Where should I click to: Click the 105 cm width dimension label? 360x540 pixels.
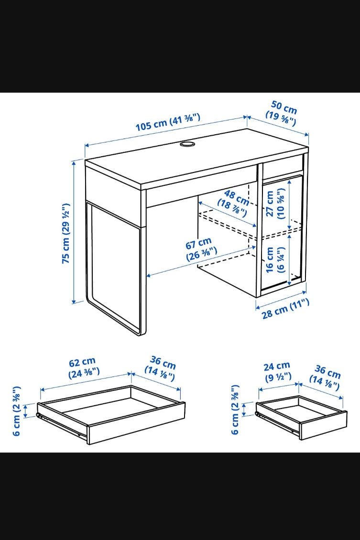[168, 122]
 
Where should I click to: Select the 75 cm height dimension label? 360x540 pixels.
[66, 234]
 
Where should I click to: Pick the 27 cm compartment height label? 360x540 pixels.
[275, 204]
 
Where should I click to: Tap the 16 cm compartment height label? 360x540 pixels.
[275, 259]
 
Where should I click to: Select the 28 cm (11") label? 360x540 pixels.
[285, 309]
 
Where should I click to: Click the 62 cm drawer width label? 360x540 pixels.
[84, 367]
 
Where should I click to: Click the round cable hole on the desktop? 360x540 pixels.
[187, 143]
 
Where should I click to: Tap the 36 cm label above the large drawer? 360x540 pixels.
[161, 368]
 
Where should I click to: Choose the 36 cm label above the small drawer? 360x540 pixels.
[325, 378]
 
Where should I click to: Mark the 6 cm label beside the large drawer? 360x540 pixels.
[16, 411]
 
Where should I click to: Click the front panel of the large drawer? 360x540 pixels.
[137, 423]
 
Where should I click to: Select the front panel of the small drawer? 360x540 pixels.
[323, 425]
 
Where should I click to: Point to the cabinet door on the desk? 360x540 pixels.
[282, 233]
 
